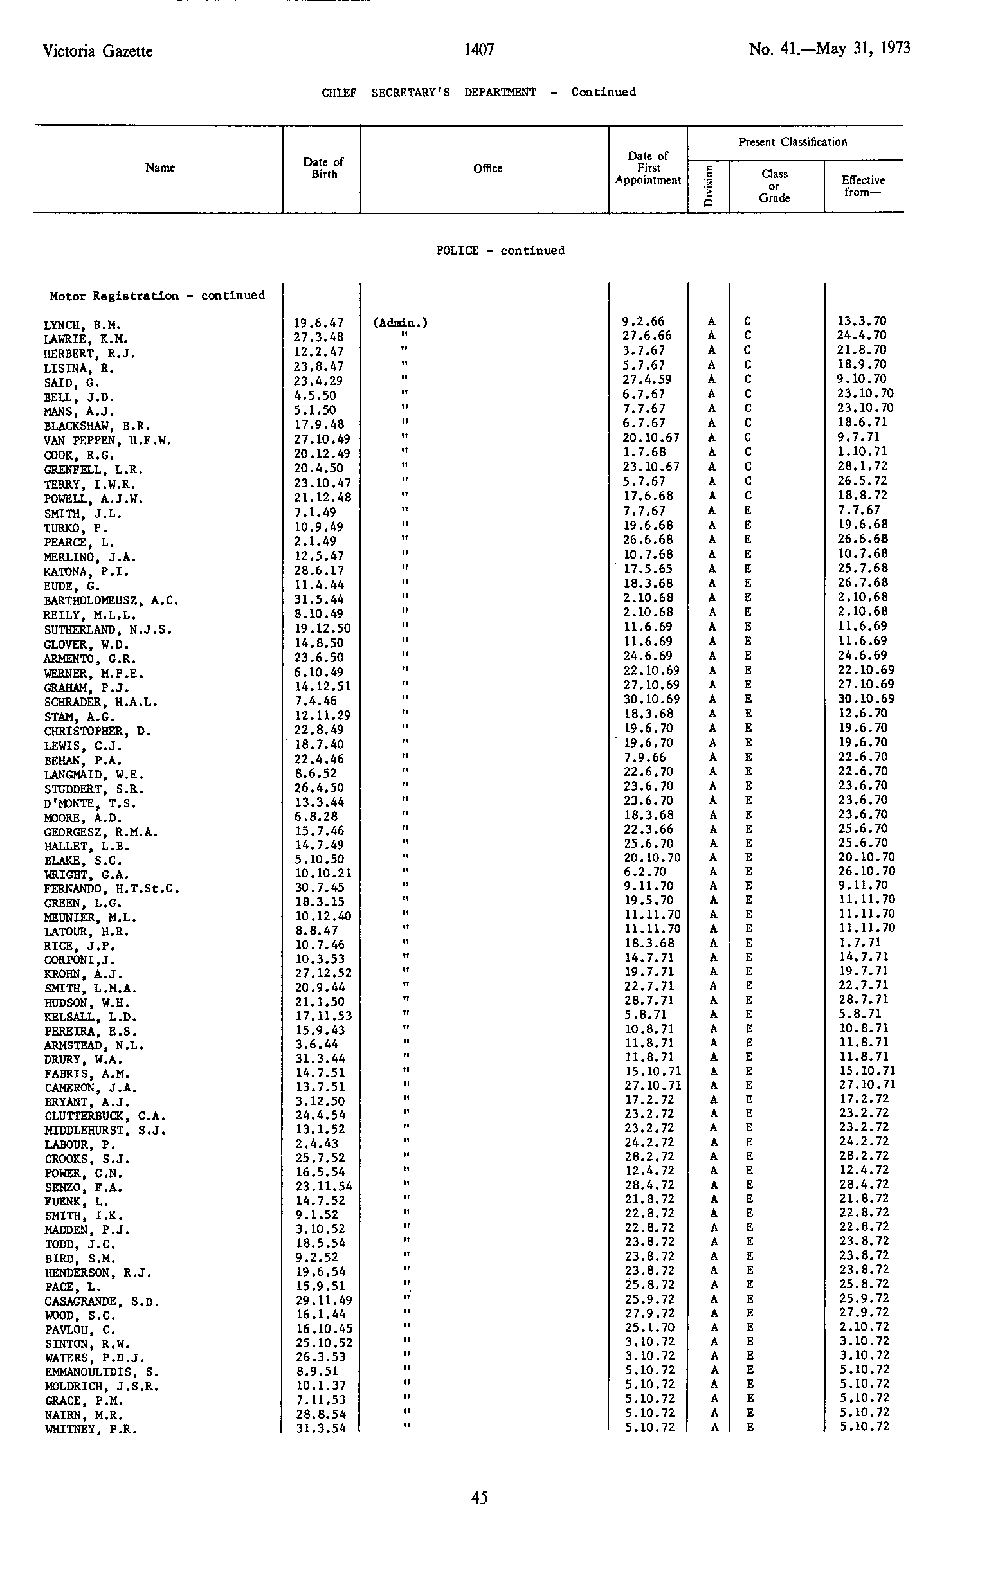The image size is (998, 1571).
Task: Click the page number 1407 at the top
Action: pos(479,49)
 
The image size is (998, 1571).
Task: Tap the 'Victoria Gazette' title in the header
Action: pos(98,51)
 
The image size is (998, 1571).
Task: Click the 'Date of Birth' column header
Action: pos(323,168)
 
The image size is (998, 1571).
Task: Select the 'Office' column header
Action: pos(487,168)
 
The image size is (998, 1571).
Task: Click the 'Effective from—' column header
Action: pos(863,186)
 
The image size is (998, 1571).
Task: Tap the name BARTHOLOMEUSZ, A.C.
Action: pos(111,600)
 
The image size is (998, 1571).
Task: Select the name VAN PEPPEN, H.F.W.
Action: pos(107,440)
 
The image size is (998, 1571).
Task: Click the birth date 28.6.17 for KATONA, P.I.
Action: pos(318,571)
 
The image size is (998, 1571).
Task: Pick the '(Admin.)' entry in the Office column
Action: pos(400,323)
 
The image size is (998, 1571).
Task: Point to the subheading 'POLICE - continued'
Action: pos(500,251)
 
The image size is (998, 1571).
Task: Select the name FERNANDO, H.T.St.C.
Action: pos(112,888)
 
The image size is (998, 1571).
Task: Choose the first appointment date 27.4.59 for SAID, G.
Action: pos(648,380)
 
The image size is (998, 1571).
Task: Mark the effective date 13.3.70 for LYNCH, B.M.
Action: pos(862,321)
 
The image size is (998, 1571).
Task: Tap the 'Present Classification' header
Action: pos(792,142)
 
